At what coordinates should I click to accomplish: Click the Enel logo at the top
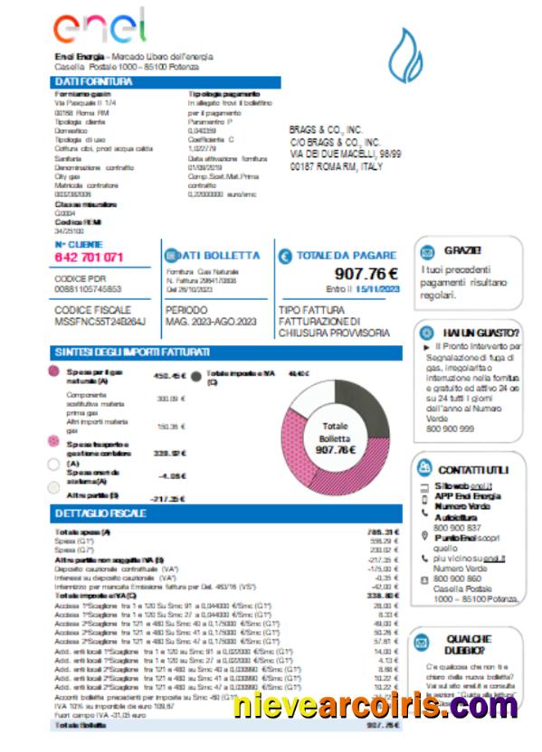(x=99, y=27)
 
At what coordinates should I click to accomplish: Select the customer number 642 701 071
(x=89, y=258)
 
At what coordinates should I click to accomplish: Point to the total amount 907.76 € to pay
(x=366, y=274)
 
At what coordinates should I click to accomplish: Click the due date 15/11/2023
(x=376, y=289)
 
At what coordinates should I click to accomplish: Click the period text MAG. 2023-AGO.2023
(x=212, y=320)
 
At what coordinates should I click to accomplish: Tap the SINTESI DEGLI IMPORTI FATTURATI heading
(x=132, y=352)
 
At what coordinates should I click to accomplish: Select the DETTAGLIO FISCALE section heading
(x=100, y=514)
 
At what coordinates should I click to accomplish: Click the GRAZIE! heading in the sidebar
(x=462, y=250)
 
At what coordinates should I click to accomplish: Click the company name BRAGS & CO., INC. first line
(x=326, y=130)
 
